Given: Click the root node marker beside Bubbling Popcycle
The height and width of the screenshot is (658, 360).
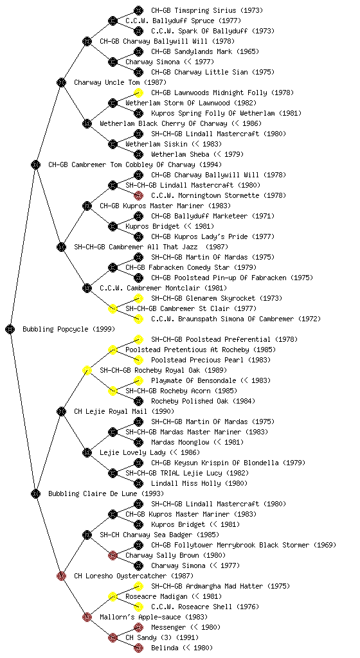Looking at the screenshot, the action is [10, 329].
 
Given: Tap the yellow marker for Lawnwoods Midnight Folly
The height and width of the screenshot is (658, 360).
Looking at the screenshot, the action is [138, 93].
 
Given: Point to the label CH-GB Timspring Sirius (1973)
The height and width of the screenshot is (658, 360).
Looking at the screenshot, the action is [207, 10].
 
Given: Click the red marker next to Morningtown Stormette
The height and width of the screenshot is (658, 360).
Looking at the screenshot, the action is [138, 195].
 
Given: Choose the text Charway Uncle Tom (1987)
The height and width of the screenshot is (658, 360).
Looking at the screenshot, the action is [120, 82].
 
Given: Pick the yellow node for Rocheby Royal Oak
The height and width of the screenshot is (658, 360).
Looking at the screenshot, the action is [87, 370].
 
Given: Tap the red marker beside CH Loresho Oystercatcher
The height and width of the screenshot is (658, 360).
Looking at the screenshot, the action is [61, 576].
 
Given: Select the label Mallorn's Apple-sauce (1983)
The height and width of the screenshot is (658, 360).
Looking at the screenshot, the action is [154, 617].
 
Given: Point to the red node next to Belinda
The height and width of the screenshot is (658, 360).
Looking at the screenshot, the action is [138, 648].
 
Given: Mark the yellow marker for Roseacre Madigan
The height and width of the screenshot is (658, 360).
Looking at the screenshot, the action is [113, 596].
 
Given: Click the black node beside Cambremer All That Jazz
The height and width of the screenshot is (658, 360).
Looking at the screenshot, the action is [61, 247].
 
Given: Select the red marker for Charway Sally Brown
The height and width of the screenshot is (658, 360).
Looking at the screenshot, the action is [113, 555].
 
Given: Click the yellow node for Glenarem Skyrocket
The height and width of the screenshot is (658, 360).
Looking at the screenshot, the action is [138, 298].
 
